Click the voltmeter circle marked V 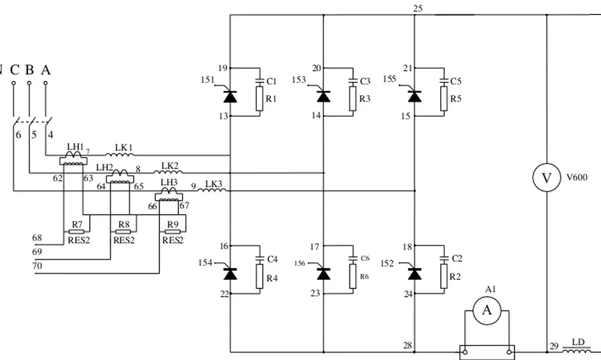point(546,177)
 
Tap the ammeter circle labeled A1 point(487,310)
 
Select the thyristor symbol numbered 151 point(230,96)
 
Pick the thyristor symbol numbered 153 point(323,96)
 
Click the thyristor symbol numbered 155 point(415,96)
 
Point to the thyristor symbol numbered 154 point(230,273)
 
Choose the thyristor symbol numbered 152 point(415,273)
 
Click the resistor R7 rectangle point(77,231)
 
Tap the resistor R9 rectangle point(172,231)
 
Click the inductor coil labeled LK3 point(212,191)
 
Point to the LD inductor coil point(578,351)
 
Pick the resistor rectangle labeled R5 point(444,99)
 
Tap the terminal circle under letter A point(46,83)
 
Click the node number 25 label point(418,8)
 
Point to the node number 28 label point(408,346)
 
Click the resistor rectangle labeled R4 point(259,278)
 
